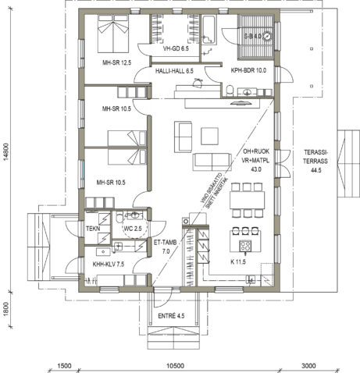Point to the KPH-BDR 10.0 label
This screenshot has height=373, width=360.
248,70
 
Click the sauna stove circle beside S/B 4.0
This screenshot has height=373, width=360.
267,36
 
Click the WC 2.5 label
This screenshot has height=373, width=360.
133,228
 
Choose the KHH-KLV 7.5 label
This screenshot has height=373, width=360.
109,265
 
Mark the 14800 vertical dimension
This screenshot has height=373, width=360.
6,151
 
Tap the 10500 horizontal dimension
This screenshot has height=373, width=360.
174,365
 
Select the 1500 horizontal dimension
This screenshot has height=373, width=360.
65,365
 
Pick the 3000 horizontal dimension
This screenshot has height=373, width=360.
308,365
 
